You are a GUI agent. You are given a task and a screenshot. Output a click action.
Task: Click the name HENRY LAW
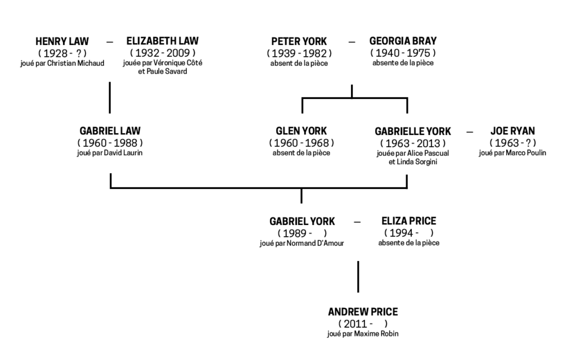(62, 42)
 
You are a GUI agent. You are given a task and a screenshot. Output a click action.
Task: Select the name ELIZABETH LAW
(162, 42)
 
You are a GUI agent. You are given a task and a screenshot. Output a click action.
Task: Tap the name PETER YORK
(299, 42)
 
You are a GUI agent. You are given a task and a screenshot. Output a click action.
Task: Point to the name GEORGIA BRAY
(403, 42)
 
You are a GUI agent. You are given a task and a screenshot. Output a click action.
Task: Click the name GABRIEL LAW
(110, 131)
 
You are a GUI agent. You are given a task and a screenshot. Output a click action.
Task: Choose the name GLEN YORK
(301, 131)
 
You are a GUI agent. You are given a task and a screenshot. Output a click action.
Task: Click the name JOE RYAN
(512, 131)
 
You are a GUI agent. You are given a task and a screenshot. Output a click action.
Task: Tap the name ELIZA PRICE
(408, 221)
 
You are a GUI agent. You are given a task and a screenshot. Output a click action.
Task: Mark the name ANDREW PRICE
(363, 312)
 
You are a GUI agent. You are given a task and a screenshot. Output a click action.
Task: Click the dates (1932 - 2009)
(162, 53)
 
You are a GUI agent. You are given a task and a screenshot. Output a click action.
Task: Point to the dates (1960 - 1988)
(110, 142)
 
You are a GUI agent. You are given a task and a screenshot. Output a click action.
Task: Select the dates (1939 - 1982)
(299, 53)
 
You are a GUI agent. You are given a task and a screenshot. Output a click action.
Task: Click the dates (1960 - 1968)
(301, 142)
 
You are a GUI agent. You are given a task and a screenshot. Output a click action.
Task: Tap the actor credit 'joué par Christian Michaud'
(62, 62)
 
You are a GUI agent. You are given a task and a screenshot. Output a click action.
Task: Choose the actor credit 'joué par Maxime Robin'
(363, 334)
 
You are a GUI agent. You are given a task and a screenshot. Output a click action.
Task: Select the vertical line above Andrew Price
(358, 276)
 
